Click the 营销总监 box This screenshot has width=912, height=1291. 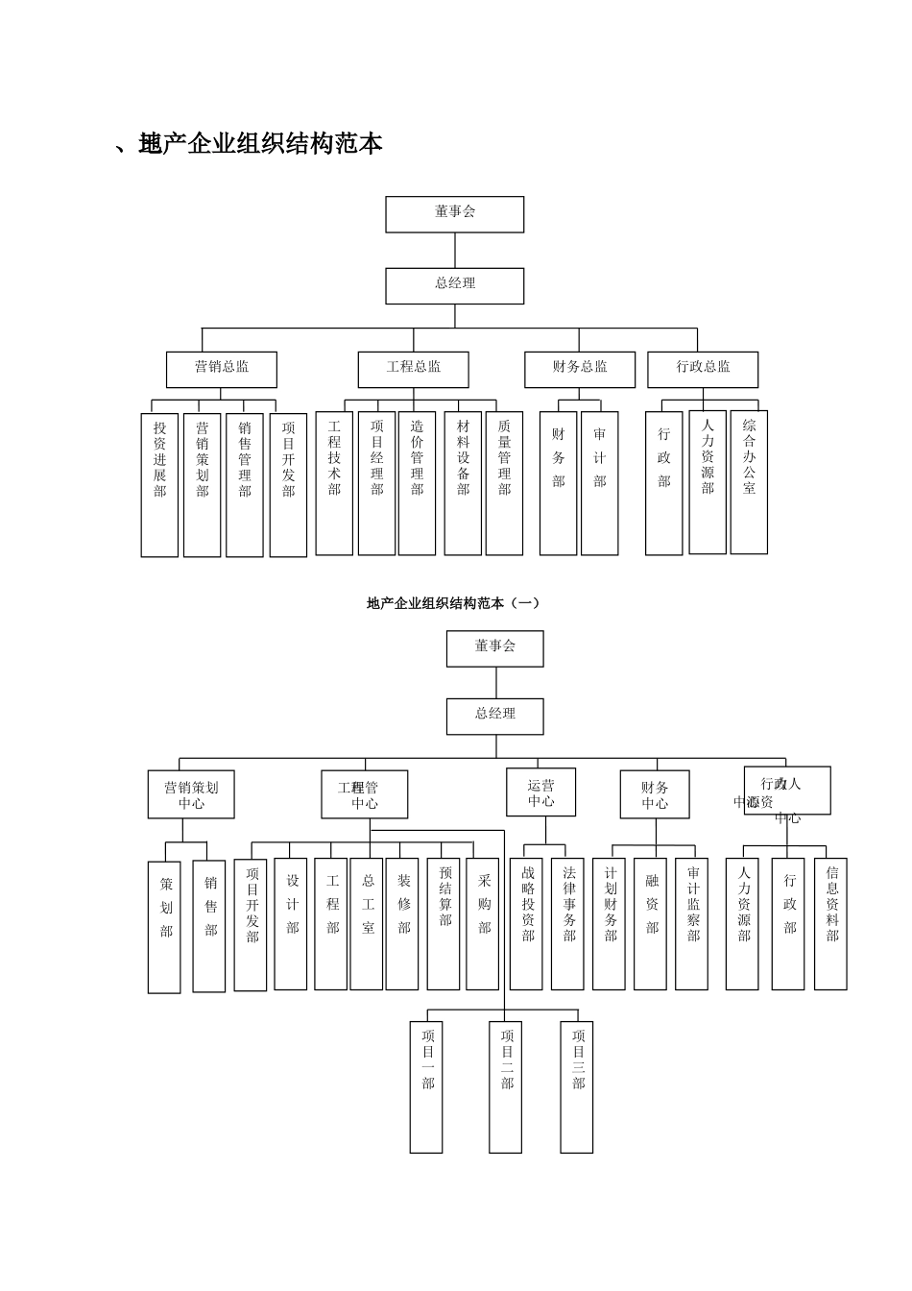coord(222,370)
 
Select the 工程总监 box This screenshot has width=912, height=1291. coord(414,370)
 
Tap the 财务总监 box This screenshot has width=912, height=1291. coord(580,370)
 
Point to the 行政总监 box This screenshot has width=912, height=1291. coord(703,370)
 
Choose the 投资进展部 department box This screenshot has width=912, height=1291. coord(160,484)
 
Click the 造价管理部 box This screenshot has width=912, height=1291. coord(417,483)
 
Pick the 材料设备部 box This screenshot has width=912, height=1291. coord(463,483)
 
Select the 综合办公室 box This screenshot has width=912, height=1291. coord(749,482)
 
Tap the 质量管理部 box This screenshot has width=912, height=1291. coord(504,483)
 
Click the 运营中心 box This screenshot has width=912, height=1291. coord(541,792)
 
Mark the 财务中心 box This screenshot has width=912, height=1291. coord(655,794)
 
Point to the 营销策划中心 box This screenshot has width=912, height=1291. coord(191,794)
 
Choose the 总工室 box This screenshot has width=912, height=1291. coord(367,923)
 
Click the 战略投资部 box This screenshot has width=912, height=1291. coord(526,923)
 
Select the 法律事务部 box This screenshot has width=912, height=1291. coord(567,923)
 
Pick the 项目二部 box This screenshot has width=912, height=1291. coord(506,1086)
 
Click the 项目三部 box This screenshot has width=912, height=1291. coord(577,1086)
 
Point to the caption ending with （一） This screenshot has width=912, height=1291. coord(453,603)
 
